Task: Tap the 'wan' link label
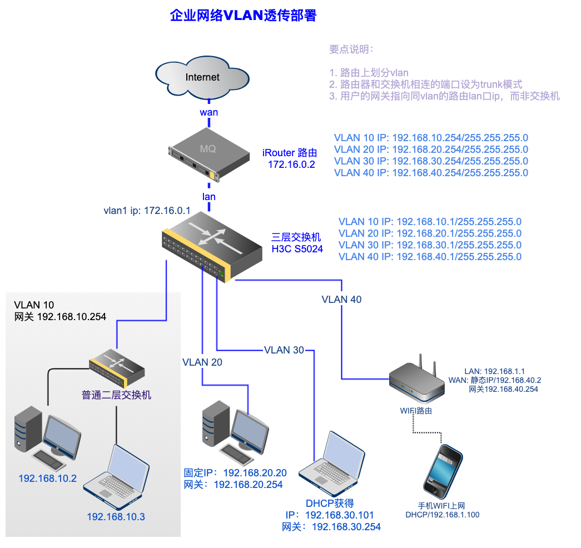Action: (209, 112)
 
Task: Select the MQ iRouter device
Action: (194, 156)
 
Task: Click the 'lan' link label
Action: (209, 196)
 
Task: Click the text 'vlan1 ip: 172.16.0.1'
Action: (147, 211)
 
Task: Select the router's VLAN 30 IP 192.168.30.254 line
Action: (431, 161)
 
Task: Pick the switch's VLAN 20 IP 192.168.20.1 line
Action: (430, 233)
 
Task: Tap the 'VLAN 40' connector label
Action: (341, 300)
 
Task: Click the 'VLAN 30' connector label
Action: (284, 350)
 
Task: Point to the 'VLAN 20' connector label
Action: (202, 362)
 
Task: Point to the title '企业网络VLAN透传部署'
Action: (243, 16)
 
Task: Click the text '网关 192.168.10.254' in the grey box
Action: (60, 317)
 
